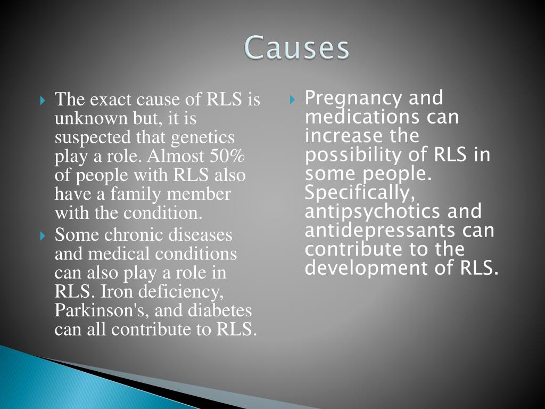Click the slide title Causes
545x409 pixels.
[x=297, y=48]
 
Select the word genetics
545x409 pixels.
[x=203, y=137]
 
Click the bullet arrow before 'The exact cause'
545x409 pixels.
[x=44, y=100]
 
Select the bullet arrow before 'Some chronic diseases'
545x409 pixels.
[x=44, y=235]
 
